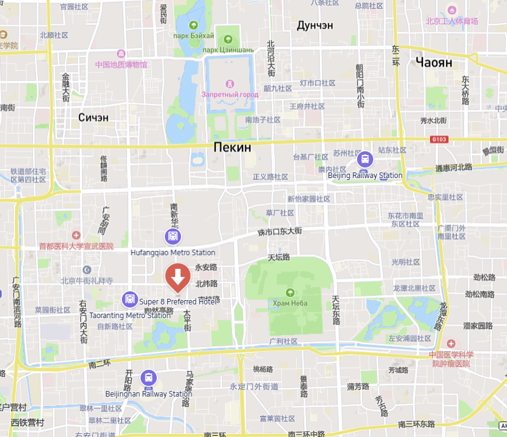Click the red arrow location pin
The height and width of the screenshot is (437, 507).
tap(178, 276)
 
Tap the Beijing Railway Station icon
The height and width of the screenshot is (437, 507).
tap(365, 159)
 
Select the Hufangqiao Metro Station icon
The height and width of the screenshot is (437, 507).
tap(173, 237)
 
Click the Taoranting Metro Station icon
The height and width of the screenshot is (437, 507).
tap(129, 299)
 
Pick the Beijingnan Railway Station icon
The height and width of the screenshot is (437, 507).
tap(149, 378)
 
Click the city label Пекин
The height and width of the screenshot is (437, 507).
tap(232, 148)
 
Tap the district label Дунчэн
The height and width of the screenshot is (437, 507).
tap(315, 26)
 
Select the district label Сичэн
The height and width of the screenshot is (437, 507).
tap(93, 117)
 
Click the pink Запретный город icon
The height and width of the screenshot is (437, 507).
tap(230, 83)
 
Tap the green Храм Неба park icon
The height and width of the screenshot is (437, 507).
tap(290, 293)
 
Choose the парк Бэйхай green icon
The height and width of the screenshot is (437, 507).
tap(194, 26)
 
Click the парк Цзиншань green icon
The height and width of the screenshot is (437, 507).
tap(227, 39)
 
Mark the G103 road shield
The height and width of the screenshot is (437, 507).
tap(438, 139)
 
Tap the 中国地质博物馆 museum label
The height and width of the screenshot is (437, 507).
tap(121, 64)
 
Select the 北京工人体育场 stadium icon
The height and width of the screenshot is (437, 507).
tap(452, 11)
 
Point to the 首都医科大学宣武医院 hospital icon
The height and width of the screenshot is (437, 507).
tap(76, 235)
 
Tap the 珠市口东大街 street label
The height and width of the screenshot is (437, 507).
tap(279, 231)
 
